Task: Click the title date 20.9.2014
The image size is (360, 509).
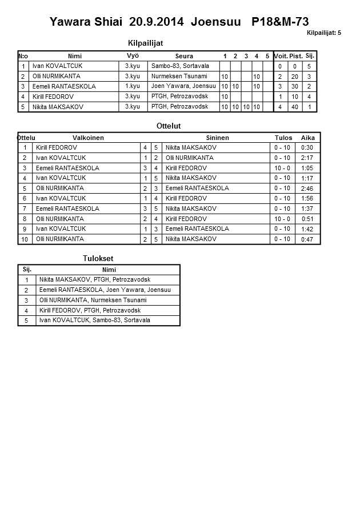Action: tap(157, 22)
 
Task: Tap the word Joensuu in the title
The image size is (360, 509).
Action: tap(216, 22)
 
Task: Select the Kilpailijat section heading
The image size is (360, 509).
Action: tap(149, 42)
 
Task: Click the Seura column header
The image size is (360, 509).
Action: tap(184, 56)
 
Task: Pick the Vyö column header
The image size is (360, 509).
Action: tap(133, 55)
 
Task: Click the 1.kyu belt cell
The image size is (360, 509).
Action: tap(133, 86)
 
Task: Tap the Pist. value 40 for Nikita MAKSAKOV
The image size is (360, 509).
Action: tap(295, 107)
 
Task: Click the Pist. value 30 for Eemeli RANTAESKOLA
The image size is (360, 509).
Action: tap(295, 86)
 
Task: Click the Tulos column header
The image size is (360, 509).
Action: tap(283, 138)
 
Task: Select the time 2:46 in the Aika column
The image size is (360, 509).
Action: tap(307, 189)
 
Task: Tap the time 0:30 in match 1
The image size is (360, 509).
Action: tap(307, 148)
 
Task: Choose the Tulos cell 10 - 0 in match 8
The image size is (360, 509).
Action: tap(282, 219)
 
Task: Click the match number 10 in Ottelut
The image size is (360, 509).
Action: tap(25, 239)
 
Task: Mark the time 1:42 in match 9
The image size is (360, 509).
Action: tap(307, 229)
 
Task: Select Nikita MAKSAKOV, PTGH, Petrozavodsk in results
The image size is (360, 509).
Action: tap(95, 279)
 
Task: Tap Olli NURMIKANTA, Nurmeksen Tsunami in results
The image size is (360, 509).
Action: tap(93, 300)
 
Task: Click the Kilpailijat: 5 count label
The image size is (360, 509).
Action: tap(323, 33)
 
